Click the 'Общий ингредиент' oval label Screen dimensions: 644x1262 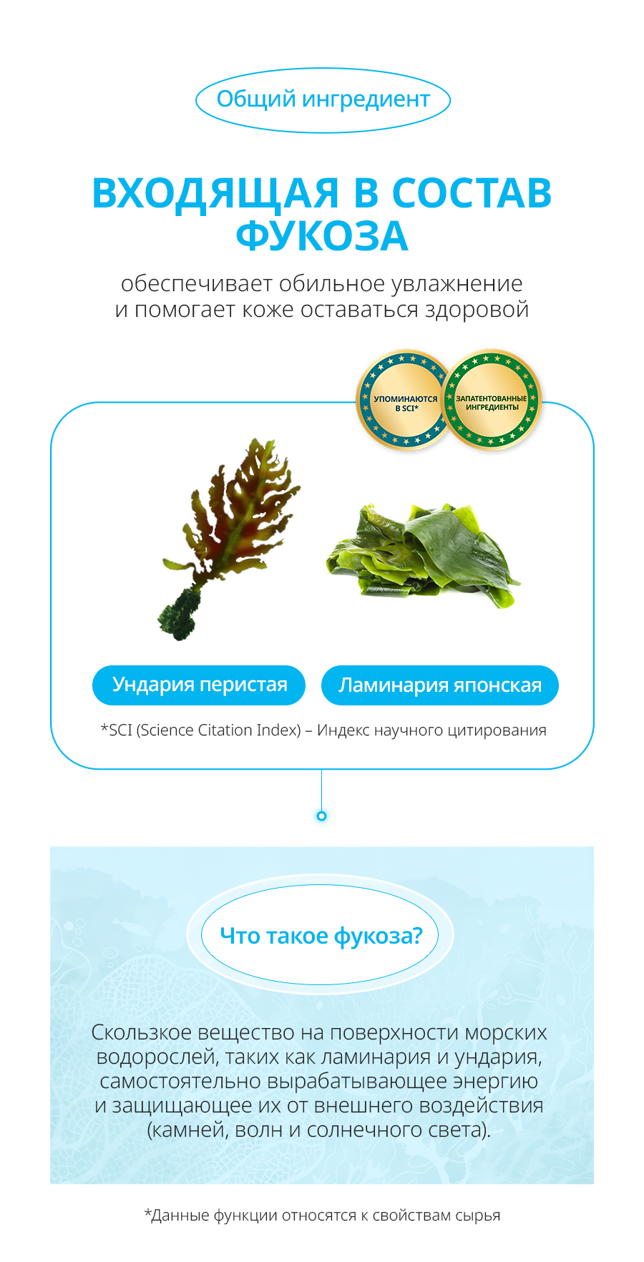[323, 100]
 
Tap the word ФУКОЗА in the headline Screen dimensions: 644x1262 [322, 237]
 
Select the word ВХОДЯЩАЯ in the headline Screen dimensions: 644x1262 [215, 195]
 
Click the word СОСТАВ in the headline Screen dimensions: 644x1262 [472, 193]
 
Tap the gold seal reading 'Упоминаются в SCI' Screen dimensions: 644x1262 [406, 401]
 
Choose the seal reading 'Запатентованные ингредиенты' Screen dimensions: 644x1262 [492, 400]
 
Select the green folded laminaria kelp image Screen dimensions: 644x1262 [424, 555]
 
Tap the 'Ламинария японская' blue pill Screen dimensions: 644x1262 [440, 685]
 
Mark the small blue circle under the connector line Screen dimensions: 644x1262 [322, 816]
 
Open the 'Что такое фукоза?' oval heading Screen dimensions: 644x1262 [320, 936]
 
